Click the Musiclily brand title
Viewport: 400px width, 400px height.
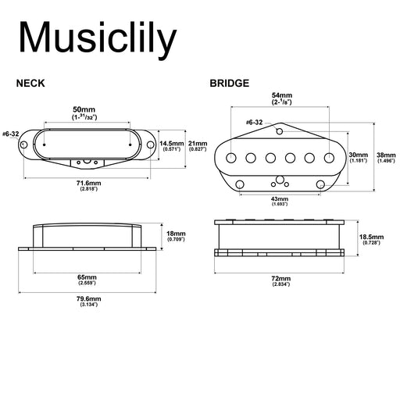tap(98, 38)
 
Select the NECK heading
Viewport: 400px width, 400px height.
tap(30, 84)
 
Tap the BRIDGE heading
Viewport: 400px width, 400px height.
tap(230, 84)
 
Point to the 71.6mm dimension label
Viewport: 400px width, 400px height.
tap(88, 183)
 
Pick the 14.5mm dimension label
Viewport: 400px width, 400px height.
tap(172, 144)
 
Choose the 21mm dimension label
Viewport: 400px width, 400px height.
tap(198, 144)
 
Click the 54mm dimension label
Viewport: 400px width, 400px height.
tap(282, 95)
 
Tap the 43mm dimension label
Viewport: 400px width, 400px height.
tap(280, 198)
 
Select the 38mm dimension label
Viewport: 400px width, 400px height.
tap(386, 155)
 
